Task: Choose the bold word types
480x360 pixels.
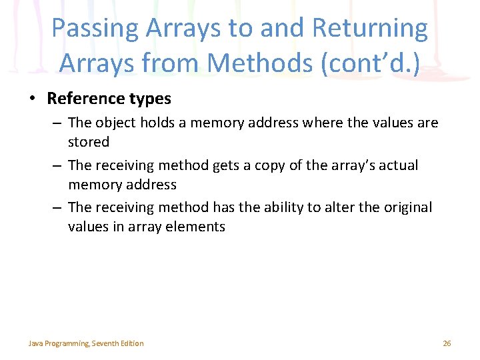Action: click(148, 99)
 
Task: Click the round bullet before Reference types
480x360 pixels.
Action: click(32, 99)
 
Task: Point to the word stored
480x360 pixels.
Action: click(88, 142)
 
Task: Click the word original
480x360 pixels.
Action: click(407, 207)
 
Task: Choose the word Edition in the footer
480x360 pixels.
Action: click(132, 343)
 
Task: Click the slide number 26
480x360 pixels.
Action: click(447, 343)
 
